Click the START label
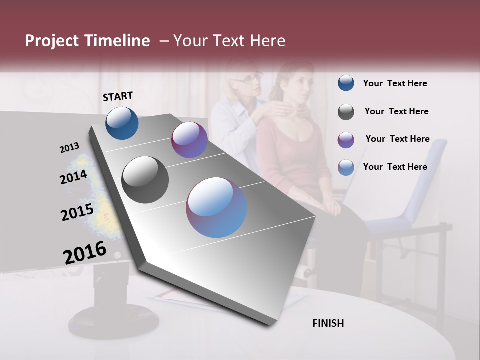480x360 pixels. click(118, 96)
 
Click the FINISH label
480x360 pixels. click(328, 323)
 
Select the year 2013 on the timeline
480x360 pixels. click(70, 147)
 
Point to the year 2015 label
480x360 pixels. click(77, 212)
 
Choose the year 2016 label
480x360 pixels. click(85, 253)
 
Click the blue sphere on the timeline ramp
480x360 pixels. click(122, 123)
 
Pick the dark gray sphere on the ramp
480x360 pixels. click(145, 180)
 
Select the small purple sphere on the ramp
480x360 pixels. click(189, 140)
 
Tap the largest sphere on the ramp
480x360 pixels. click(216, 207)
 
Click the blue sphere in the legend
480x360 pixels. click(346, 83)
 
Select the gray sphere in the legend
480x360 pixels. click(346, 112)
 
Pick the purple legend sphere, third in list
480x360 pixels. click(346, 140)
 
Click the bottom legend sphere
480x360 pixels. click(346, 167)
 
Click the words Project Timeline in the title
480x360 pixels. click(87, 41)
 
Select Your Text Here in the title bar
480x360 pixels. click(229, 41)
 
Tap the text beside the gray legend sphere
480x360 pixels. click(396, 112)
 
